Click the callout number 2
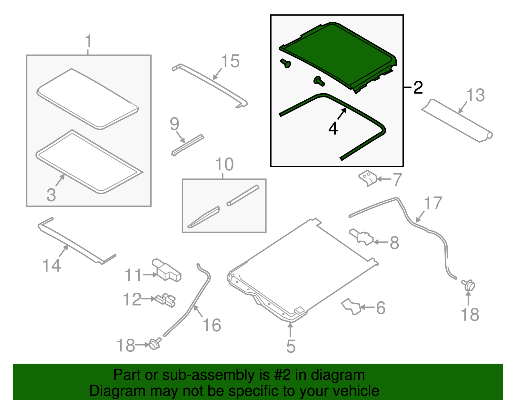coord(418,87)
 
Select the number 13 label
coord(475,95)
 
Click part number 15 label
coord(230,61)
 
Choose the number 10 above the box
coord(224,164)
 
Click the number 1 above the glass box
coord(88,41)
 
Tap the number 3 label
coord(51,195)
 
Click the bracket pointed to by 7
coord(367,178)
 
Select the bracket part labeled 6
coord(351,307)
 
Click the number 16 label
coord(212,325)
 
